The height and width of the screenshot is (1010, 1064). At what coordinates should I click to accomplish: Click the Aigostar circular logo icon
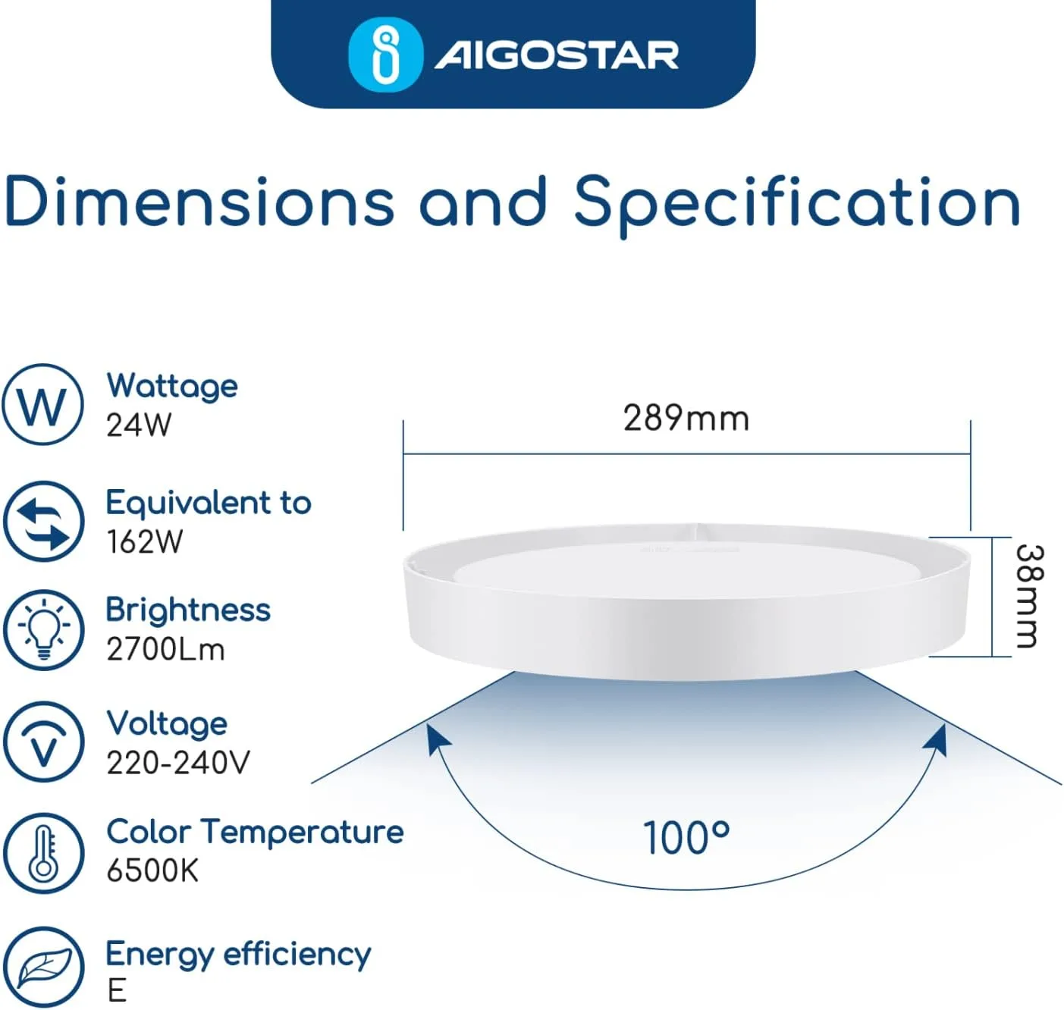(385, 54)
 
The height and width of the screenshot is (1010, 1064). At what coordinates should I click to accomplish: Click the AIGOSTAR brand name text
(557, 55)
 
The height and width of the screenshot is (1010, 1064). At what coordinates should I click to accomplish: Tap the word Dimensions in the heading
(199, 202)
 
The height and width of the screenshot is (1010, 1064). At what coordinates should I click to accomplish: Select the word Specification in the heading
(797, 206)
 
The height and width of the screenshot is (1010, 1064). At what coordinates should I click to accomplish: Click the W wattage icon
(43, 404)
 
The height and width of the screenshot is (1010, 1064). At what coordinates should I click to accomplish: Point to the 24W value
(139, 425)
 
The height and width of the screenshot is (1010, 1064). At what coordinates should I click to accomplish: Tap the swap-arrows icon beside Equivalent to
(43, 521)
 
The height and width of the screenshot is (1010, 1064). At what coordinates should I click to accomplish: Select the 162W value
(145, 541)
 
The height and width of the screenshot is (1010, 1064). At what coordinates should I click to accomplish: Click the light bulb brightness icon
(43, 630)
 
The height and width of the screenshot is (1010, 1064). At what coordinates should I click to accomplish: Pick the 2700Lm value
(165, 649)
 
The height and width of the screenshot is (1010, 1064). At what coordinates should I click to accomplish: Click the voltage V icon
(43, 742)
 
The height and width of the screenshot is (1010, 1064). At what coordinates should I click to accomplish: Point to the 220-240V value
(178, 763)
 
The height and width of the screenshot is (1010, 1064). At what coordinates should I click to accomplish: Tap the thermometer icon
(43, 854)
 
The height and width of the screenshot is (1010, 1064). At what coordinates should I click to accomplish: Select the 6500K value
(152, 871)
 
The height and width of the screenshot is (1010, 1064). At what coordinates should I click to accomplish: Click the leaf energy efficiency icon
(43, 968)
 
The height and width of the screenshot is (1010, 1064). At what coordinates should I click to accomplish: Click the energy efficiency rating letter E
(117, 990)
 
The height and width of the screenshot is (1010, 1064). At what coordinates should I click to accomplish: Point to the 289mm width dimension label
(686, 419)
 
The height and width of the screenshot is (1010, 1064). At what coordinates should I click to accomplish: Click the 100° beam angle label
(686, 837)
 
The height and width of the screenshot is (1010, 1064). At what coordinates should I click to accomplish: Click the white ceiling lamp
(686, 601)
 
